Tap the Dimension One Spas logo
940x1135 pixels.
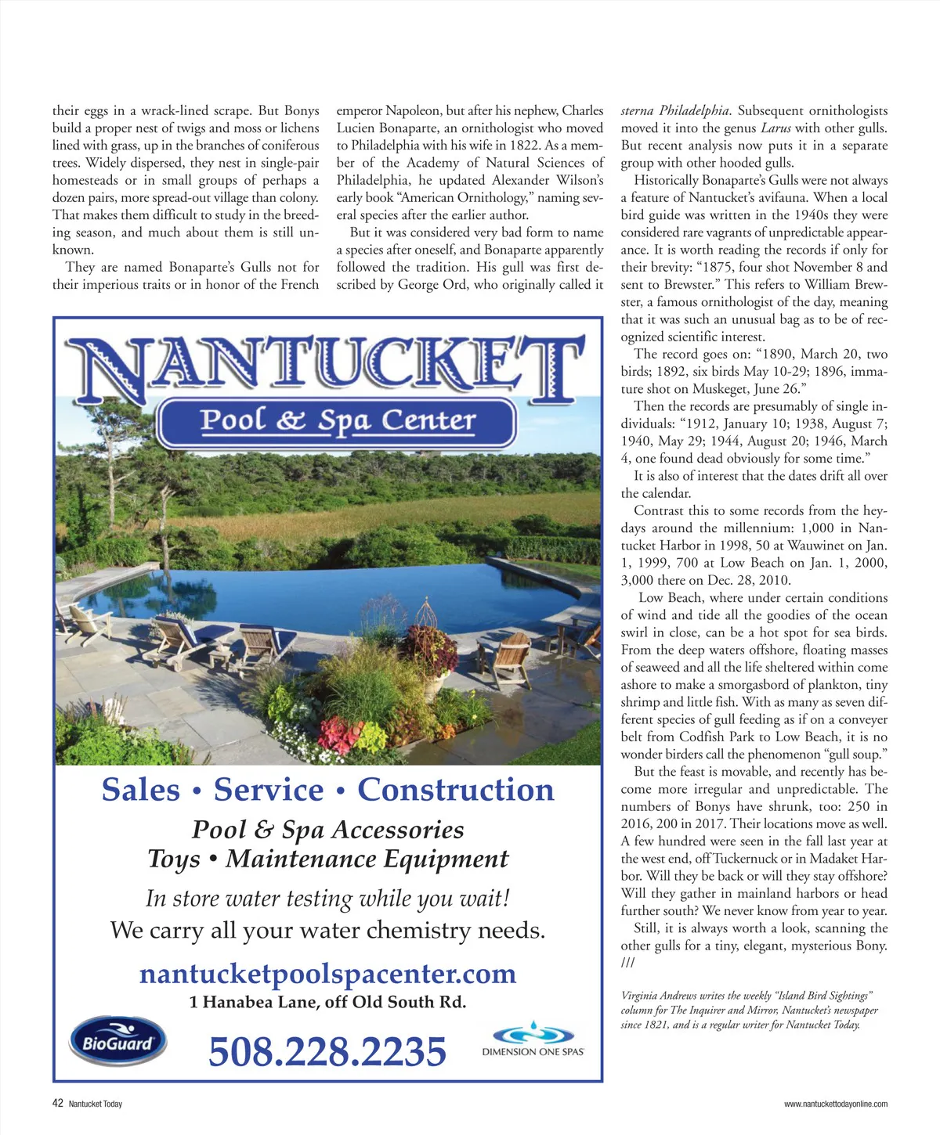pos(533,1040)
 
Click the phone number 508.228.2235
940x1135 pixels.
pos(327,1051)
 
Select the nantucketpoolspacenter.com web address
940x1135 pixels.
pos(327,974)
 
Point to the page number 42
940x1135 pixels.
pos(57,1104)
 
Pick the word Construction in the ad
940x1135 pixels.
pos(456,790)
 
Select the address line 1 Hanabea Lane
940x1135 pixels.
pos(327,1002)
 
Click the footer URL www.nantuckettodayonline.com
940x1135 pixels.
pos(836,1104)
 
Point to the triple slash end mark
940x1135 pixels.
pos(627,963)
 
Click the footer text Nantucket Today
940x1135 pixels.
pos(96,1104)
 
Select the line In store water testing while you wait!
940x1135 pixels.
pos(327,898)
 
